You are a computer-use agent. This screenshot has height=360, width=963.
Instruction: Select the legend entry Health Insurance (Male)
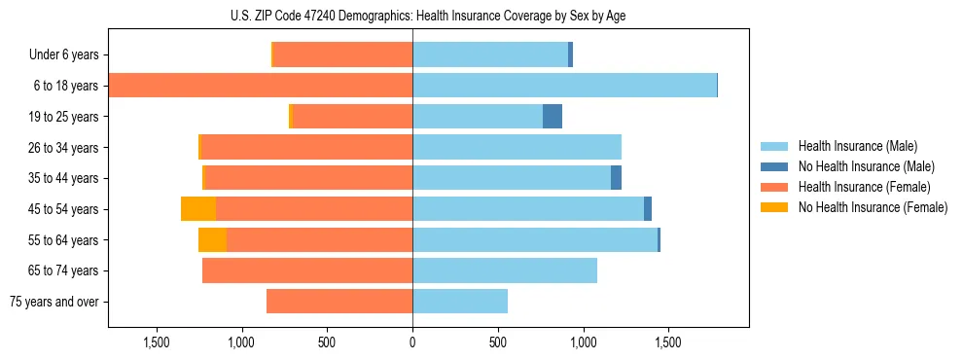[857, 146]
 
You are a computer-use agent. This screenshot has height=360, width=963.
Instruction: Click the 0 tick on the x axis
[412, 342]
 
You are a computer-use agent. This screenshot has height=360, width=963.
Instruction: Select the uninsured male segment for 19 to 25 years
[553, 117]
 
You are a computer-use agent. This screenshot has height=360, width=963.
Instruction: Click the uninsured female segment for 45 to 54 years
[198, 209]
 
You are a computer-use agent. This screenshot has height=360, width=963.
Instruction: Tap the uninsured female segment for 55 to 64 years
[213, 240]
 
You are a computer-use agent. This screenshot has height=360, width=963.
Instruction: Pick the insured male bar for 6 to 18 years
[564, 86]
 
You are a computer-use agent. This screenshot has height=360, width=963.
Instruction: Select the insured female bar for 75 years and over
[339, 302]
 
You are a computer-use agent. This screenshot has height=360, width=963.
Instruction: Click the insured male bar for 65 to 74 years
[505, 270]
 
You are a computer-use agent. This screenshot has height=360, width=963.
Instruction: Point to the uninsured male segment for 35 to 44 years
[616, 178]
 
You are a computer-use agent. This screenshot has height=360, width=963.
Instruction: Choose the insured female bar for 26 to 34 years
[306, 147]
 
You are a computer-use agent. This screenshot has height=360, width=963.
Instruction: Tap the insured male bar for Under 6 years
[490, 55]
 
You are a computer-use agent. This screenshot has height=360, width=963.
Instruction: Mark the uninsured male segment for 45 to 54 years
[648, 209]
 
